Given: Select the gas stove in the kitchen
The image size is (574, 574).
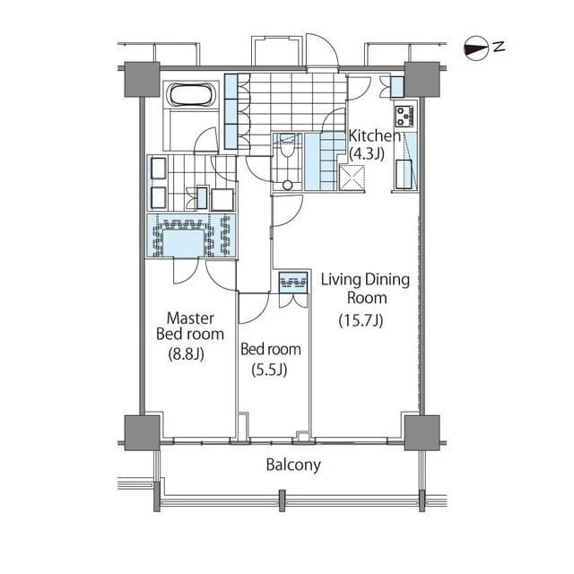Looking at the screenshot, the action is pos(404,116).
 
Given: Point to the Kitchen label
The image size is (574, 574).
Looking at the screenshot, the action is pos(375,135).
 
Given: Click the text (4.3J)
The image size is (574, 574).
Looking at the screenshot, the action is pos(367,154).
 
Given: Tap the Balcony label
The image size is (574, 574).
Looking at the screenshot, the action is pos(293,465).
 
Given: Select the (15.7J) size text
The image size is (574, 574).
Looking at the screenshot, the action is pos(361,321).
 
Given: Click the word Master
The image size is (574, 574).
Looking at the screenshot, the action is pos(190,317).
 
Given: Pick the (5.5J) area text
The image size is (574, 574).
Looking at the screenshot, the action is pos(269,370).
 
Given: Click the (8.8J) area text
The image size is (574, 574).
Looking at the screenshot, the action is pos(186,354).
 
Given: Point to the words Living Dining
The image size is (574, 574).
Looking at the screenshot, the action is pos(365,280).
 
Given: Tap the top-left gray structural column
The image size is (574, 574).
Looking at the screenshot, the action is pos(142,80).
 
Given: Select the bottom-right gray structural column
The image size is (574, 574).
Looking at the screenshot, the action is pos(422,432).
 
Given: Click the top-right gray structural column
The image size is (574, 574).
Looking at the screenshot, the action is pos(422,80).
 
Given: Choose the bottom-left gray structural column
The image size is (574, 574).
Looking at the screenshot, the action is pos(142,432).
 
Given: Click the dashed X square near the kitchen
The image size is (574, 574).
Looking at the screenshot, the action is pos(352,178).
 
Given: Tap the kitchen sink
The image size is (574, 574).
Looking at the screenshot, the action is pos(404,174).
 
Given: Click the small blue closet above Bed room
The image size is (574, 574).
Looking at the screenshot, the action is pos(293,283).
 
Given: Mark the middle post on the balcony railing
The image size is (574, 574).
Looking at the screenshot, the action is pos(282,500).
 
